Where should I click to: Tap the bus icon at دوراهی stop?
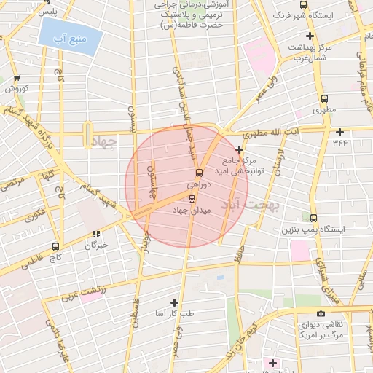[x=198, y=173]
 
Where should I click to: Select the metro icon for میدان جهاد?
[x=192, y=197]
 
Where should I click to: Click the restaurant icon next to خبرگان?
[x=95, y=234]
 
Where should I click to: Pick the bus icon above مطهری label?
[x=323, y=98]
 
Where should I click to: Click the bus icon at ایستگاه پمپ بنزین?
[x=313, y=217]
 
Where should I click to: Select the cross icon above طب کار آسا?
[x=174, y=302]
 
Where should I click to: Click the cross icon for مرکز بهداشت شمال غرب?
[x=310, y=36]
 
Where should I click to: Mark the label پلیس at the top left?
[x=47, y=12]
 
